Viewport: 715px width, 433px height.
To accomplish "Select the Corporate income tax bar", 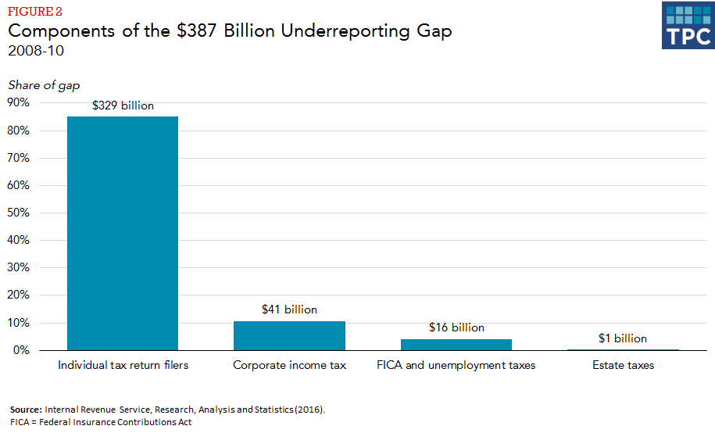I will (x=289, y=335).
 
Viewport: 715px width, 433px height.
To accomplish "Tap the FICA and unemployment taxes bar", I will (x=456, y=345).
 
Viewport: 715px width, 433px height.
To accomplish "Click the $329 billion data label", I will (x=123, y=106).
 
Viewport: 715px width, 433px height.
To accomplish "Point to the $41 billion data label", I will (x=289, y=310).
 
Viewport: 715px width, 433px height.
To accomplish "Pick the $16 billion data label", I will (x=456, y=327).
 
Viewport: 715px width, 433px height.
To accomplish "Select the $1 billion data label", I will (x=623, y=338).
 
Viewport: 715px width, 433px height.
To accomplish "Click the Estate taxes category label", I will (x=623, y=365).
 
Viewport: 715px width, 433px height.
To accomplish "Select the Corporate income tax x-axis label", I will (x=289, y=365).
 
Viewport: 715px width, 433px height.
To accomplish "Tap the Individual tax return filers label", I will (x=123, y=365).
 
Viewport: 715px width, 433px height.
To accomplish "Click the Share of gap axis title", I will (x=44, y=84).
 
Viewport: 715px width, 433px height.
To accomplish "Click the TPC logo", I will (x=687, y=26).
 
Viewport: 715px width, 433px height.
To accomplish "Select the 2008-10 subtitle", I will (x=36, y=52).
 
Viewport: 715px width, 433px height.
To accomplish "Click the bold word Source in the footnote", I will (x=26, y=410).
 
